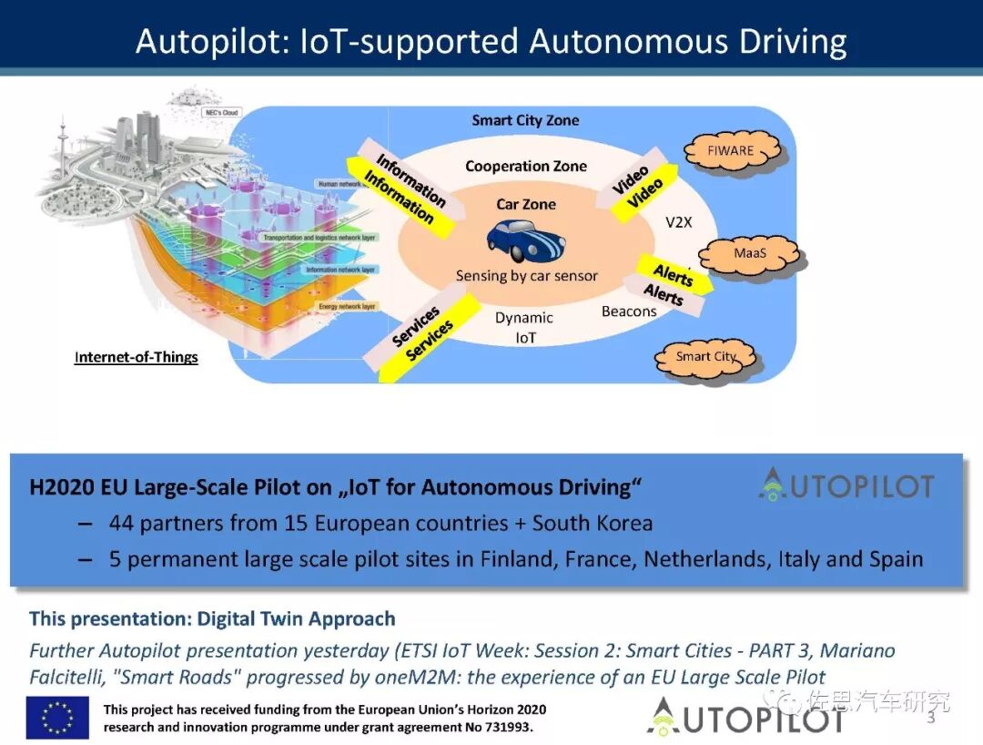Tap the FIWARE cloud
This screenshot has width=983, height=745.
pos(730,150)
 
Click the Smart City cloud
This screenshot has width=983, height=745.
pos(704,356)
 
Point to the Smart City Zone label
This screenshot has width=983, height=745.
pos(525,120)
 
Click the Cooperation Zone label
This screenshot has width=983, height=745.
pos(526,166)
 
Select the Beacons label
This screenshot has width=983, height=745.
pos(629,311)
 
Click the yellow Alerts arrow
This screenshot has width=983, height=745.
pos(676,274)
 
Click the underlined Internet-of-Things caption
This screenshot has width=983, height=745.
pos(137,357)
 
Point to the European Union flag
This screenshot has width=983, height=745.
pos(57,717)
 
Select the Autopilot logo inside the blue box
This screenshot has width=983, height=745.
pos(846,485)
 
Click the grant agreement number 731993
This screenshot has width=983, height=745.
pos(502,728)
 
